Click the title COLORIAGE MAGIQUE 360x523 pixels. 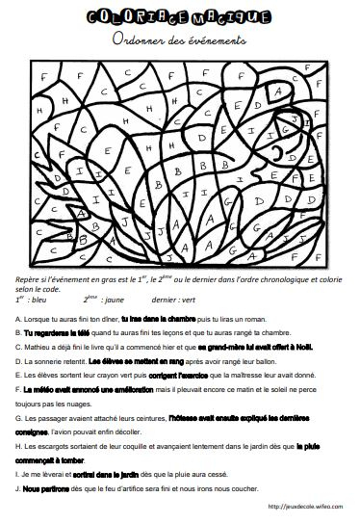click(x=180, y=17)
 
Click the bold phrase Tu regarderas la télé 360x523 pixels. click(x=55, y=330)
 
